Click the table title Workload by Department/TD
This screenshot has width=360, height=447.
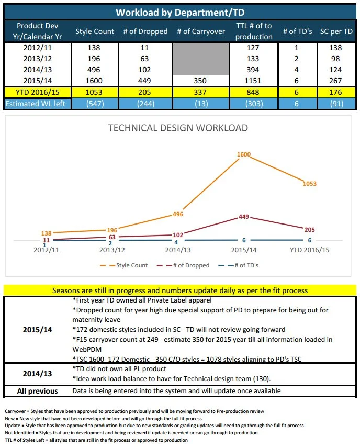[179, 12]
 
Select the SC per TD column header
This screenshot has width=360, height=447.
[337, 31]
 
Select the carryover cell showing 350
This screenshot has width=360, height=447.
[200, 81]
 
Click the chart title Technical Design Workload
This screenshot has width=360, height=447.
[177, 128]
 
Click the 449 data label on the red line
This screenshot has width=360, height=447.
[243, 216]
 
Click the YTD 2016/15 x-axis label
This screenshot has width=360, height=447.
[310, 250]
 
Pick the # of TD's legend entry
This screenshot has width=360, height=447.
[243, 265]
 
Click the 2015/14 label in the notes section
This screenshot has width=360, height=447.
[37, 330]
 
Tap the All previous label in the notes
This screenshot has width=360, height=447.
[37, 390]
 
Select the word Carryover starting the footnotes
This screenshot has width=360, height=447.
[14, 412]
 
